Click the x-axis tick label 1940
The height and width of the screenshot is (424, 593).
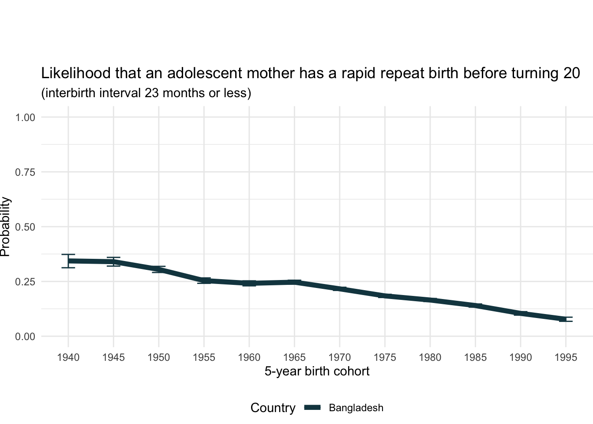pos(68,357)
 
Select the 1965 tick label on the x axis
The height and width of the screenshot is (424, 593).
pos(294,357)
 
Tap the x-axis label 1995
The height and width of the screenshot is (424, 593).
pos(566,357)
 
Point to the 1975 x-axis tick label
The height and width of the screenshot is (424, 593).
pos(385,357)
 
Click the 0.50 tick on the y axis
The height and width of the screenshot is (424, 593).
pos(25,227)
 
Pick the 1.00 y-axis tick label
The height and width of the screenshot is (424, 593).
pos(25,117)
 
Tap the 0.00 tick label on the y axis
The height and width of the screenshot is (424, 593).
pos(25,337)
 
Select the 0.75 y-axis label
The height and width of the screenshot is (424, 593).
pos(25,172)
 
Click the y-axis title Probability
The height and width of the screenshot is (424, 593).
pos(5,227)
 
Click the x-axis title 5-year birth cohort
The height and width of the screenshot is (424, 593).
pos(317,371)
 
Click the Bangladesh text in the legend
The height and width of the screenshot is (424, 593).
pos(356,408)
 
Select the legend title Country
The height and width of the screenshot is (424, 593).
pos(273,408)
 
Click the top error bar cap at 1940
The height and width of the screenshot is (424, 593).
pos(68,255)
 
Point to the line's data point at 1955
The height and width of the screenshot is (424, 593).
pos(204,280)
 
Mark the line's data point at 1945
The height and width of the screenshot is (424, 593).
pos(113,262)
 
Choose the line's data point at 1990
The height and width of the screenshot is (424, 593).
pos(521,313)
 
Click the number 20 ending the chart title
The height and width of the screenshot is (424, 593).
pos(572,73)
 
